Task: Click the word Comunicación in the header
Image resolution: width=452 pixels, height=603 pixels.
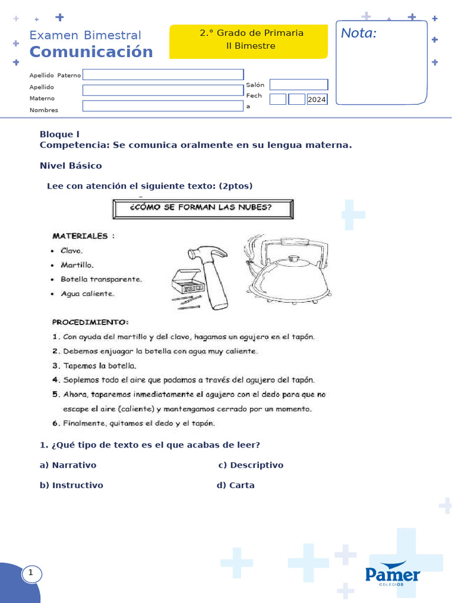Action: point(91,52)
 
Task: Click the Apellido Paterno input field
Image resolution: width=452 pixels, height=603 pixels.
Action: point(163,74)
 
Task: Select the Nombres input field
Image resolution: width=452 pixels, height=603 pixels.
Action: point(163,106)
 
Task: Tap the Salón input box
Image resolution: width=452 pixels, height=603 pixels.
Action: point(298,85)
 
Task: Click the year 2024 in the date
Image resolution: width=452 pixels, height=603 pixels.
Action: point(317,100)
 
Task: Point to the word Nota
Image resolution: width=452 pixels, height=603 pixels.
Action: point(359,34)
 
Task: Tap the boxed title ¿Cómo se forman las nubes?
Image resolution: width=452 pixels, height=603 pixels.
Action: point(203,208)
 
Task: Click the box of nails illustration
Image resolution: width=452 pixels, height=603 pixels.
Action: point(187,287)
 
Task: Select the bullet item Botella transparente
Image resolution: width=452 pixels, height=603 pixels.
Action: point(101,279)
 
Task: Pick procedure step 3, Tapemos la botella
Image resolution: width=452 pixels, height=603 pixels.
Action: point(99,366)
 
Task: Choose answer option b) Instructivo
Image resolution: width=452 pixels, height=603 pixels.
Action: point(71,485)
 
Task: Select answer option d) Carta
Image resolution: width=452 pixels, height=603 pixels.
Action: point(235,485)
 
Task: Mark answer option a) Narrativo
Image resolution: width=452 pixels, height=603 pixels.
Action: point(68,465)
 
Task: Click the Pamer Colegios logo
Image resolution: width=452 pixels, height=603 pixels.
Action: point(393,576)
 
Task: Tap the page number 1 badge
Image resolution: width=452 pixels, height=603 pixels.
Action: point(31,572)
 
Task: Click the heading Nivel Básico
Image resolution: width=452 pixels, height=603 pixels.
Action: point(71,165)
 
